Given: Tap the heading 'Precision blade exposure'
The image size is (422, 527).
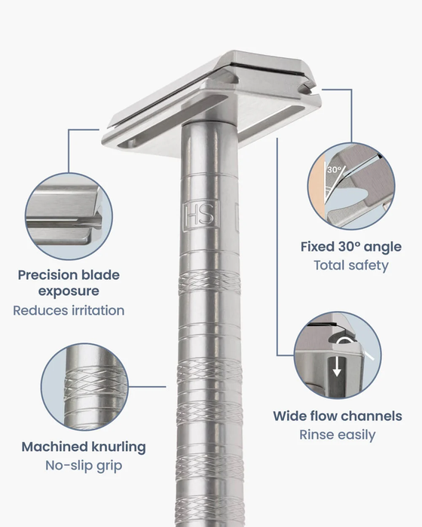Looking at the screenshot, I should (69, 282).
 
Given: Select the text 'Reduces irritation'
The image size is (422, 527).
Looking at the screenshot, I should (69, 310).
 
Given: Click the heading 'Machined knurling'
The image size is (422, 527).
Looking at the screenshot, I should (84, 446).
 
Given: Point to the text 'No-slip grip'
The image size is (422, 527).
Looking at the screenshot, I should (84, 466).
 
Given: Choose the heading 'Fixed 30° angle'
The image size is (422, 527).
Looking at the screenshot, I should (350, 247).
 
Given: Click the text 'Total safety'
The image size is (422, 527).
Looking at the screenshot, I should (350, 265).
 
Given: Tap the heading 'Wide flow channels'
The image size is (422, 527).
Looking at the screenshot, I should (337, 416).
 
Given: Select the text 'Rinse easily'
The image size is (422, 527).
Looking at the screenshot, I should (337, 434).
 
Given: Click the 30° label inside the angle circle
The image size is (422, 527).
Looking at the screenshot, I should (334, 170).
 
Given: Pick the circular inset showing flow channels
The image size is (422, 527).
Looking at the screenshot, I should (338, 355).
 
